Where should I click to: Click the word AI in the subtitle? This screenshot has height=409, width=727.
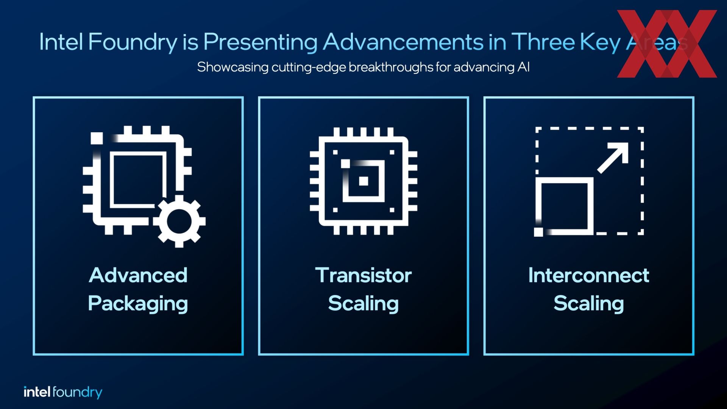[x=524, y=67]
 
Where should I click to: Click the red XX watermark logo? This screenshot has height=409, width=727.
[x=667, y=44]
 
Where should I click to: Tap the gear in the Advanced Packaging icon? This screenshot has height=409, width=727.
[x=179, y=221]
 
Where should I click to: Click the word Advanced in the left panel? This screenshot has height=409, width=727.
[x=138, y=275]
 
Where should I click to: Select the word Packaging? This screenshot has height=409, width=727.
[x=138, y=304]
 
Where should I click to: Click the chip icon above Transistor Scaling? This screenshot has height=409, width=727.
[x=363, y=181]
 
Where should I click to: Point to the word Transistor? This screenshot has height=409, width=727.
[x=363, y=275]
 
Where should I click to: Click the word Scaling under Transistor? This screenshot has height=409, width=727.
[x=363, y=304]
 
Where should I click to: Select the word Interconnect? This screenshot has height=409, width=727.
[x=589, y=275]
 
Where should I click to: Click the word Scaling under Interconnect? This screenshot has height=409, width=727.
[x=589, y=304]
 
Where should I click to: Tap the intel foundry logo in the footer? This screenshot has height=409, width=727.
[x=63, y=392]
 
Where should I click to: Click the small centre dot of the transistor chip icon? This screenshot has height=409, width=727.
[x=363, y=181]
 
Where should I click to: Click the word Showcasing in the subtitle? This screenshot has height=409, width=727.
[x=233, y=67]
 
